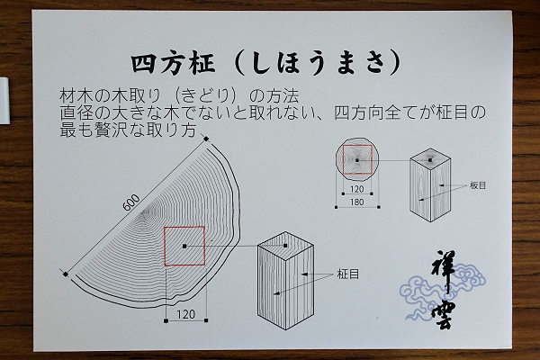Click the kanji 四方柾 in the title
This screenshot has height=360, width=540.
tap(173, 63)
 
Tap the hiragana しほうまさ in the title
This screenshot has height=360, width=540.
tap(318, 63)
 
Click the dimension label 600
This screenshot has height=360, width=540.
tap(131, 202)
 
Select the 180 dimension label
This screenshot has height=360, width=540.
tap(356, 202)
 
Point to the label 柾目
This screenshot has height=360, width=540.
tap(348, 274)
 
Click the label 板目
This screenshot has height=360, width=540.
tap(478, 185)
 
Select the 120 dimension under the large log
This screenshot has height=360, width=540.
tap(186, 314)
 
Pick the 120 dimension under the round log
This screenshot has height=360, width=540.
tap(356, 189)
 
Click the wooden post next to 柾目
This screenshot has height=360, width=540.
tap(285, 280)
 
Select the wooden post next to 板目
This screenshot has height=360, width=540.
tap(430, 184)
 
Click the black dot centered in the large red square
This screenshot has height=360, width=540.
tap(184, 246)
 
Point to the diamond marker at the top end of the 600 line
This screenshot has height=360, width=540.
tap(206, 139)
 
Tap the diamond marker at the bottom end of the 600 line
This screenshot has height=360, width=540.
tap(65, 274)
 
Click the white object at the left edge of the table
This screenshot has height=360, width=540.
tap(4, 100)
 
